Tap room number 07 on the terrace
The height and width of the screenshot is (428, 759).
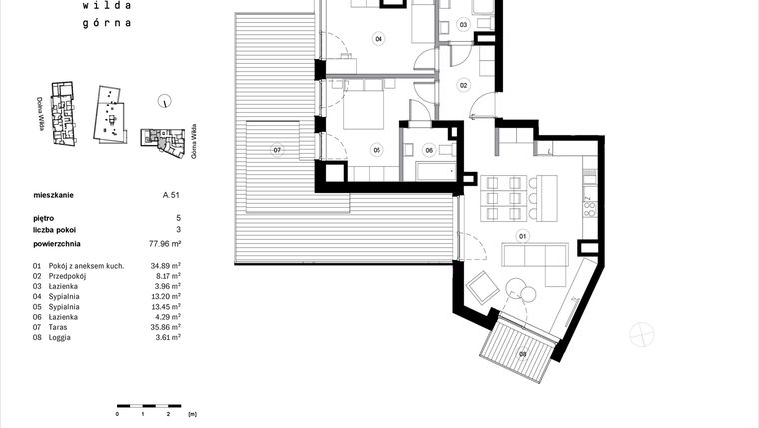[x=278, y=151]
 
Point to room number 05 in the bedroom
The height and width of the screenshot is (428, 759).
[x=377, y=150]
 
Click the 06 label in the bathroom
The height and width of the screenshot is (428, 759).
[x=429, y=150]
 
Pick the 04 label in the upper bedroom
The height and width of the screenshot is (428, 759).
[x=379, y=40]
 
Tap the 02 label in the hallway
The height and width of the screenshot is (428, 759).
[x=464, y=86]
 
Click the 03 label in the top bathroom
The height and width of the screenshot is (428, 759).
[x=463, y=23]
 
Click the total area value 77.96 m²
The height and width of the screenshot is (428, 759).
[x=164, y=243]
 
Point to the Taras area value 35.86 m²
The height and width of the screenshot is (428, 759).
[x=165, y=328]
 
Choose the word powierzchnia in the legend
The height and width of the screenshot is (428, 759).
[x=57, y=243]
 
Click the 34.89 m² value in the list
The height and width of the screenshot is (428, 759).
[x=165, y=265]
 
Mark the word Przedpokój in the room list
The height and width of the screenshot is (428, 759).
[x=67, y=275]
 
